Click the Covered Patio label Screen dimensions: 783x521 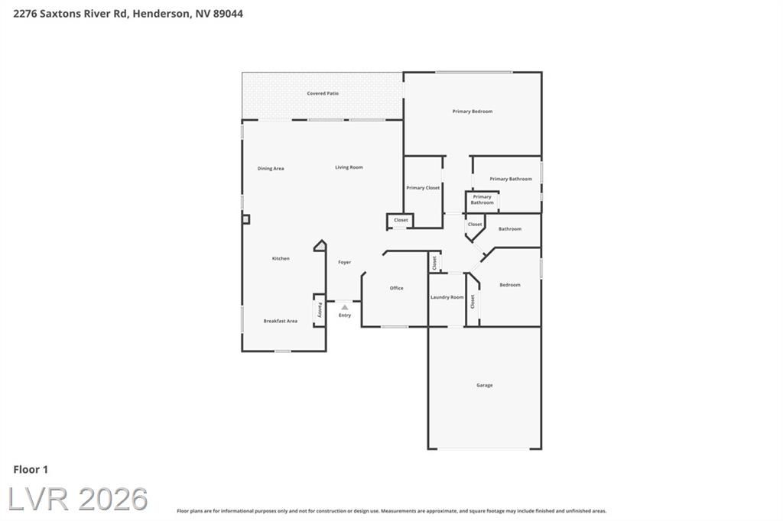click(323, 93)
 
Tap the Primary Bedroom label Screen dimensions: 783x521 click(473, 112)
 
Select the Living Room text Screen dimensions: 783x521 click(349, 167)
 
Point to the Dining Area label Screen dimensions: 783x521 click(271, 168)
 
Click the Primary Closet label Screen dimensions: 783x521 click(423, 188)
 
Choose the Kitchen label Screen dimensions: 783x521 click(281, 258)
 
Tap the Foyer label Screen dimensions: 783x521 click(345, 262)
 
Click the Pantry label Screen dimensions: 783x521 click(320, 310)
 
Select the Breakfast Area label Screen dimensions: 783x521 click(280, 321)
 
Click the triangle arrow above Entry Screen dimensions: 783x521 click(345, 307)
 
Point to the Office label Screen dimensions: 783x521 click(397, 288)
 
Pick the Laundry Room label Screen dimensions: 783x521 click(447, 297)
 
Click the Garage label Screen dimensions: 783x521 click(484, 385)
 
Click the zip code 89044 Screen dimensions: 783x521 click(228, 14)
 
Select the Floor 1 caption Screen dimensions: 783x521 click(31, 469)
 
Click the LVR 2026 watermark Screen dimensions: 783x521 click(78, 499)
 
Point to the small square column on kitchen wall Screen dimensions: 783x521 click(245, 219)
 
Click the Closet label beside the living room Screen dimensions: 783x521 click(401, 220)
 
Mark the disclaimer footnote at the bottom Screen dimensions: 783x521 click(391, 511)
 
